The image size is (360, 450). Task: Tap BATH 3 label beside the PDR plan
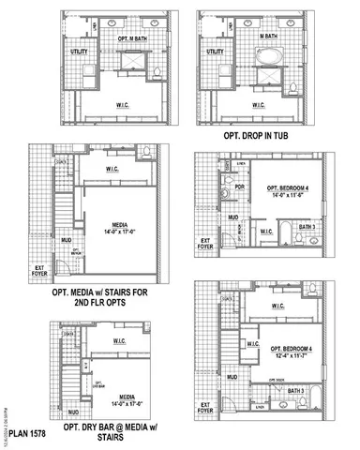point(307,226)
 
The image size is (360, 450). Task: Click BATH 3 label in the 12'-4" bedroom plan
point(294,391)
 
